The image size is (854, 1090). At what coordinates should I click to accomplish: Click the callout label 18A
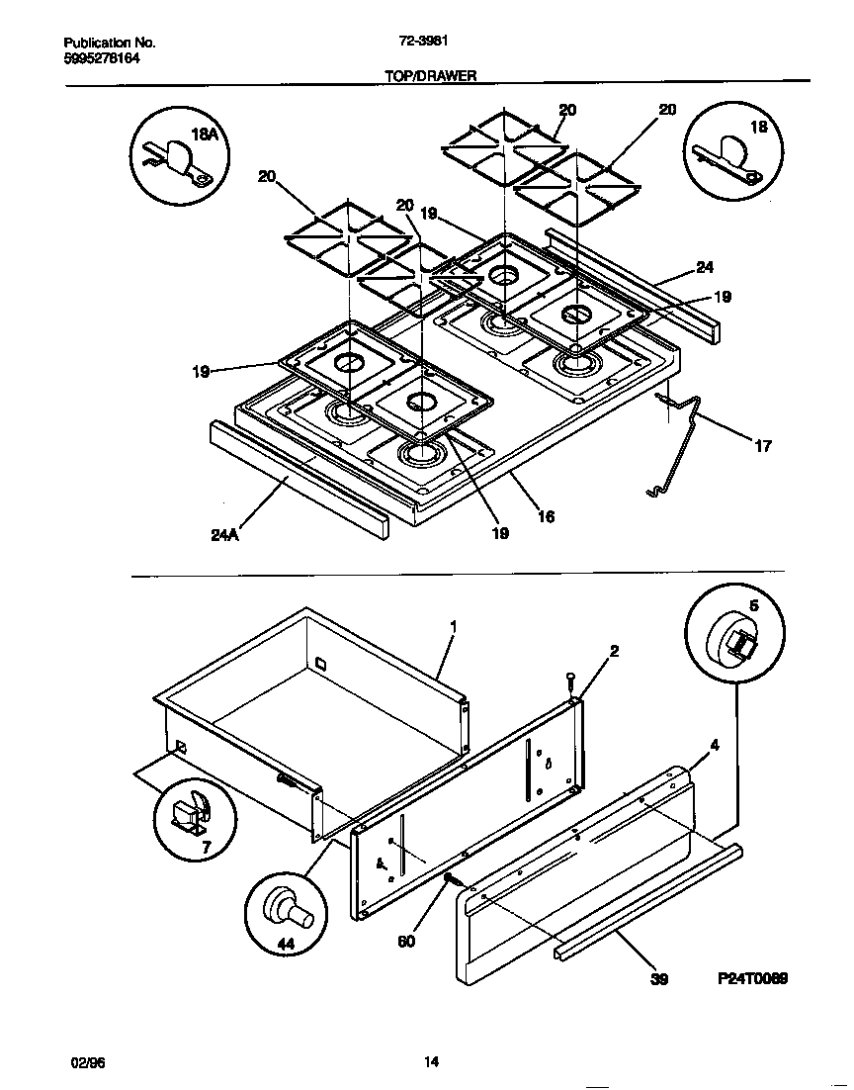(205, 135)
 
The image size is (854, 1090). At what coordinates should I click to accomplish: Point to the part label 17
(762, 446)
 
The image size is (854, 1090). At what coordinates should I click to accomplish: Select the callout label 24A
(224, 535)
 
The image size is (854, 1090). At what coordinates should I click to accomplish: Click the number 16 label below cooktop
(546, 516)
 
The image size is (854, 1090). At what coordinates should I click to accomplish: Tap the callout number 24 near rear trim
(704, 267)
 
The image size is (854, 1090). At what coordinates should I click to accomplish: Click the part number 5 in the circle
(753, 606)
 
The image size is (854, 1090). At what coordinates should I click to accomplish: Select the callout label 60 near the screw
(406, 941)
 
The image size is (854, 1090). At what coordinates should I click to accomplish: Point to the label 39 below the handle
(659, 978)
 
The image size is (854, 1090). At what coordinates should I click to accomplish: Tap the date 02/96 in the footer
(87, 1062)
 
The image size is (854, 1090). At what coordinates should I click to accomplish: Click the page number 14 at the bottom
(431, 1062)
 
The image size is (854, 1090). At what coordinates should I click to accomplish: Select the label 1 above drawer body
(453, 626)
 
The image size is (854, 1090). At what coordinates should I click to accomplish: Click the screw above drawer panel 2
(571, 681)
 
